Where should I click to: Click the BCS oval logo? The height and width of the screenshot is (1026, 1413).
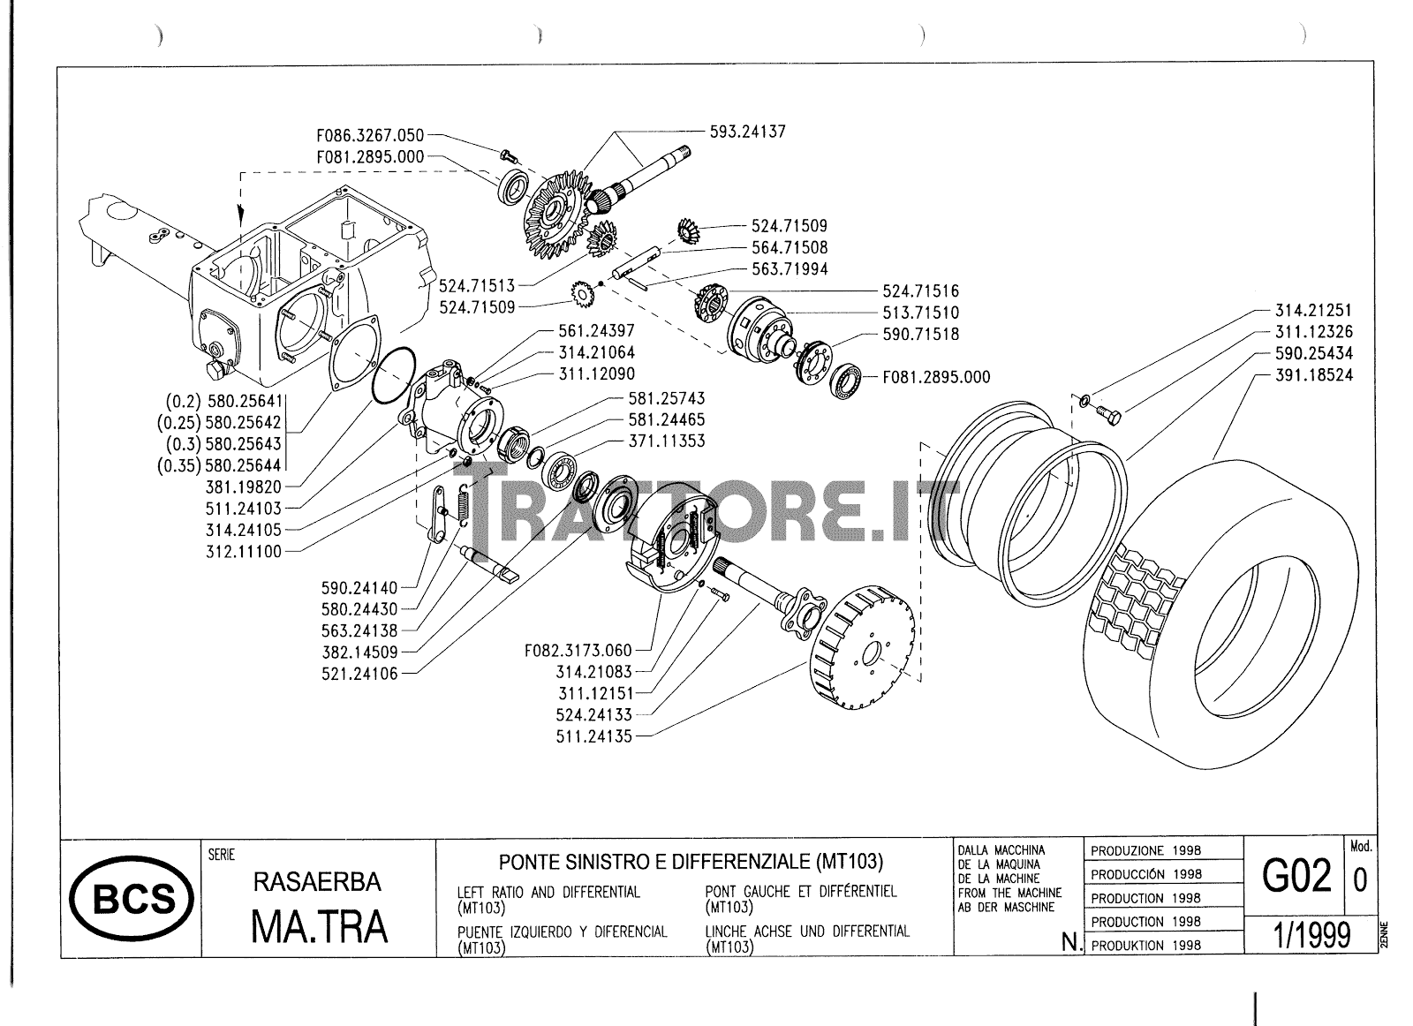(x=135, y=900)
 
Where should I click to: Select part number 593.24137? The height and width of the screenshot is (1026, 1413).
(x=747, y=132)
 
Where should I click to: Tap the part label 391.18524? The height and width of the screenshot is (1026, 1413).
(x=1313, y=375)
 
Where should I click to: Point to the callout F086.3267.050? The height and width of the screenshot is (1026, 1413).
(x=370, y=136)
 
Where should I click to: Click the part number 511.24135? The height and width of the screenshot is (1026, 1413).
(x=594, y=736)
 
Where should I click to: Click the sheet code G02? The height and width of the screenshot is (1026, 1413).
(x=1296, y=877)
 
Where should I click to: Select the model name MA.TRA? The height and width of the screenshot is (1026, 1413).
(x=319, y=926)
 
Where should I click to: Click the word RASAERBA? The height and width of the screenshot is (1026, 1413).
(x=317, y=882)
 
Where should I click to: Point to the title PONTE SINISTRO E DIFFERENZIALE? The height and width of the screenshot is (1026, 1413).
(x=691, y=861)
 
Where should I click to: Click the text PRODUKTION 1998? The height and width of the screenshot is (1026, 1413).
(x=1145, y=945)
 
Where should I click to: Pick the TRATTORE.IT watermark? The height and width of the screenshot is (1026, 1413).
(x=706, y=512)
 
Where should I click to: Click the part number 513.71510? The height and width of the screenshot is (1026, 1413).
(x=920, y=313)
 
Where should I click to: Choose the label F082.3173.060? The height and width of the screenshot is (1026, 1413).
(x=578, y=652)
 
